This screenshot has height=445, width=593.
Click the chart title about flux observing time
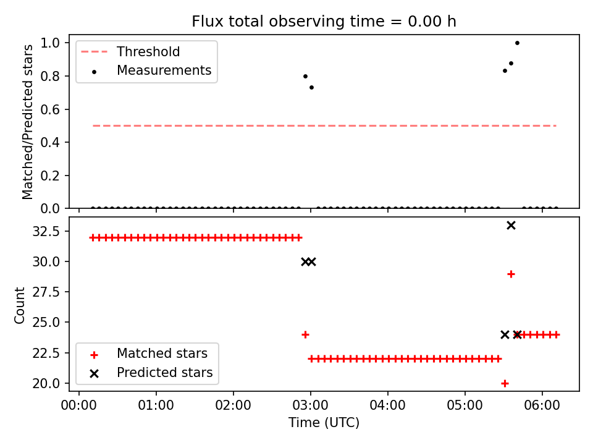(324, 21)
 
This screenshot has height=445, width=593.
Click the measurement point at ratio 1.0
(518, 43)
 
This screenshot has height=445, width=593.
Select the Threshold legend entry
(130, 51)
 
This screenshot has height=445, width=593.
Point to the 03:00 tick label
(311, 405)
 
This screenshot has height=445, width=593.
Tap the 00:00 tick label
(79, 405)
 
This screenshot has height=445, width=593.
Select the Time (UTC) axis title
(324, 422)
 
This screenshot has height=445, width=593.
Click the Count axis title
(19, 305)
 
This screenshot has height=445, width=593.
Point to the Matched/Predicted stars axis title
(28, 122)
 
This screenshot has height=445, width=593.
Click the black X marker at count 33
(511, 226)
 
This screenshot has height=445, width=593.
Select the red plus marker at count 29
(511, 274)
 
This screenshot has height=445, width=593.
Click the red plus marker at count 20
(505, 383)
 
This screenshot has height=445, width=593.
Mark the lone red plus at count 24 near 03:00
(306, 334)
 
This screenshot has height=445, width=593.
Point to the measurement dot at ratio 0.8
(306, 76)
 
